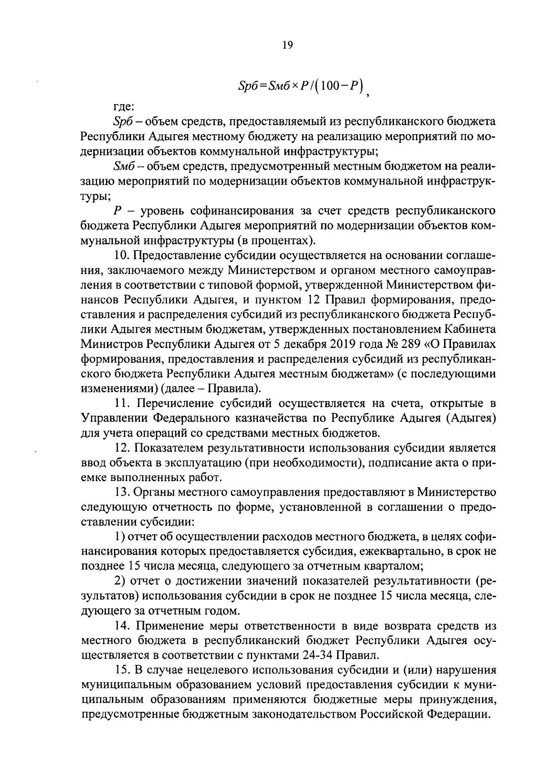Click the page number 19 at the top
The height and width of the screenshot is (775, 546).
click(x=287, y=45)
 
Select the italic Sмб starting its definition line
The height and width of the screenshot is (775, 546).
click(x=121, y=167)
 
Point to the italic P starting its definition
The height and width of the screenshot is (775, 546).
click(x=116, y=211)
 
